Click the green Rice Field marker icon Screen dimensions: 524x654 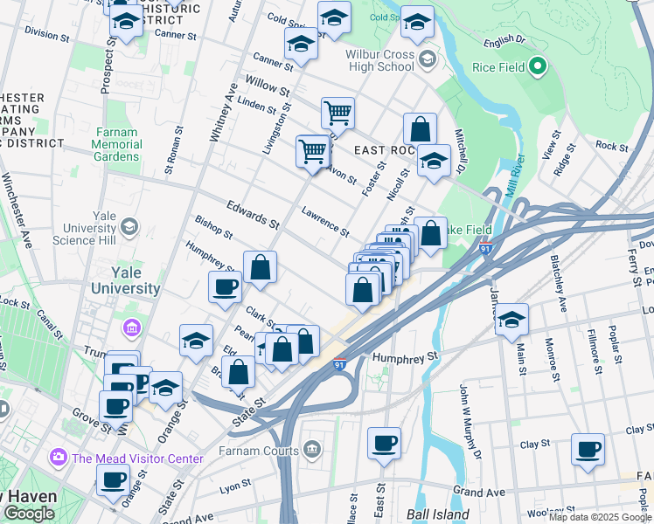(x=538, y=66)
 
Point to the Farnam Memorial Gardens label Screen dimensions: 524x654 (x=115, y=144)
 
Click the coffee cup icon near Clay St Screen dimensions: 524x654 (x=588, y=450)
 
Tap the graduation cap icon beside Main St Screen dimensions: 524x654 (x=511, y=320)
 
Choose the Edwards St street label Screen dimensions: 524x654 (x=252, y=216)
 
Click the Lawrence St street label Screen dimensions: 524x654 (x=325, y=222)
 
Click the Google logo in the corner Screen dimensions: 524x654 (x=29, y=514)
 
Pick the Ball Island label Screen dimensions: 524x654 (x=438, y=514)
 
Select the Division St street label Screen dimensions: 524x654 (x=47, y=34)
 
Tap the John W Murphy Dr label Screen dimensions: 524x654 (x=469, y=422)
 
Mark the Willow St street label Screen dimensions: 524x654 (x=268, y=88)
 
